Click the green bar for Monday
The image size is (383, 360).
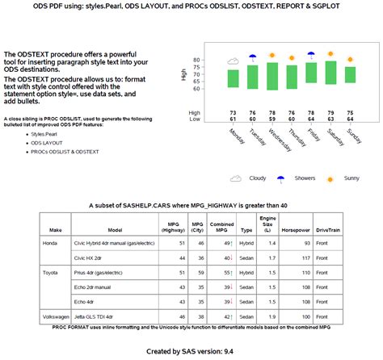(233, 78)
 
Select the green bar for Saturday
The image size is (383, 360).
(330, 73)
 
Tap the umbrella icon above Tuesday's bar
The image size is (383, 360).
(252, 57)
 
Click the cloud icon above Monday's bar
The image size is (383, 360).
(233, 61)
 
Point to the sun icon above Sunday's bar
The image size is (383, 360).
(350, 60)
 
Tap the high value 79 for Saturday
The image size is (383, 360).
(330, 112)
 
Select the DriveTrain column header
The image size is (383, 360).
(328, 229)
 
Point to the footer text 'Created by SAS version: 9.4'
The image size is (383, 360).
(191, 351)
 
